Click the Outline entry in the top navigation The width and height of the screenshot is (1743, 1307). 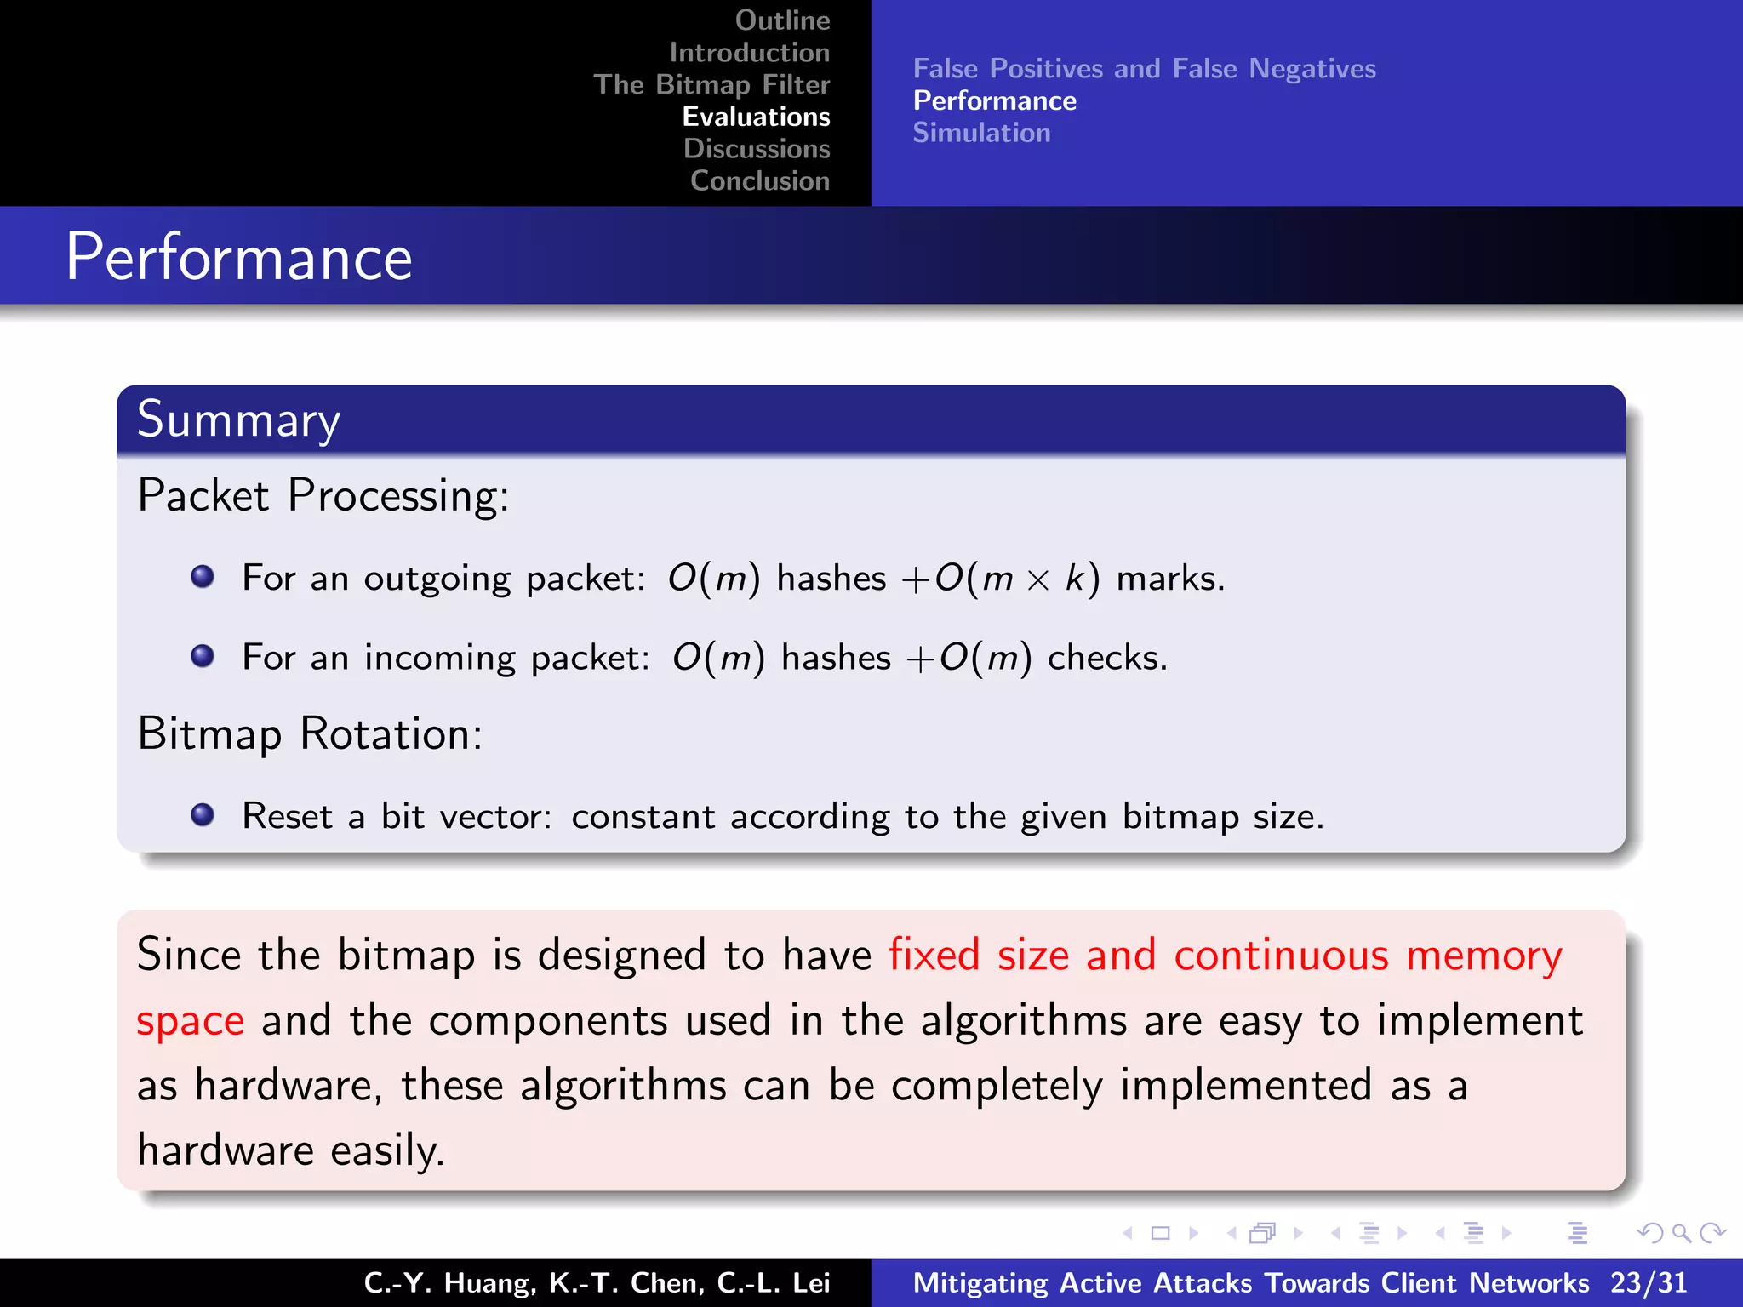(782, 20)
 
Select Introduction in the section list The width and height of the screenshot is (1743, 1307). (749, 53)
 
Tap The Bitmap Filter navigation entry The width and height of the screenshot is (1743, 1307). (711, 84)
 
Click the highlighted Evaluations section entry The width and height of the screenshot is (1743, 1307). (756, 117)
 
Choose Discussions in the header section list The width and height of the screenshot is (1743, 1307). (757, 149)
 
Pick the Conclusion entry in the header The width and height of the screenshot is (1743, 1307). (759, 181)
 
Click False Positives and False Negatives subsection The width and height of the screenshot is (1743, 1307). (1144, 69)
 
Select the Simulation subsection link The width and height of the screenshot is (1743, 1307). (981, 134)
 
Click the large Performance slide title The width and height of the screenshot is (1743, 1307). (239, 257)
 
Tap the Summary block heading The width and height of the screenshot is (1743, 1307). (238, 419)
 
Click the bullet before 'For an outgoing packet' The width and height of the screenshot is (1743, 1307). (203, 577)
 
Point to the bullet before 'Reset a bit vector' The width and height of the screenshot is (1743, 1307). (203, 815)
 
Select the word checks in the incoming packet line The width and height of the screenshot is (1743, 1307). (1106, 658)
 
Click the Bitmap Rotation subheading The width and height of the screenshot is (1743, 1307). (310, 733)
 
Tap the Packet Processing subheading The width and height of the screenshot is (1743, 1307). (323, 495)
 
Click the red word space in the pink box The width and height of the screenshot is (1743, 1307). (191, 1021)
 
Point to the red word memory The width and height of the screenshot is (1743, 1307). (1483, 956)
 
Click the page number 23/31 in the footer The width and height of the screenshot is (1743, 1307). (1649, 1283)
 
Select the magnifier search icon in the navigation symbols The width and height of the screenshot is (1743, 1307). (1681, 1233)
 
